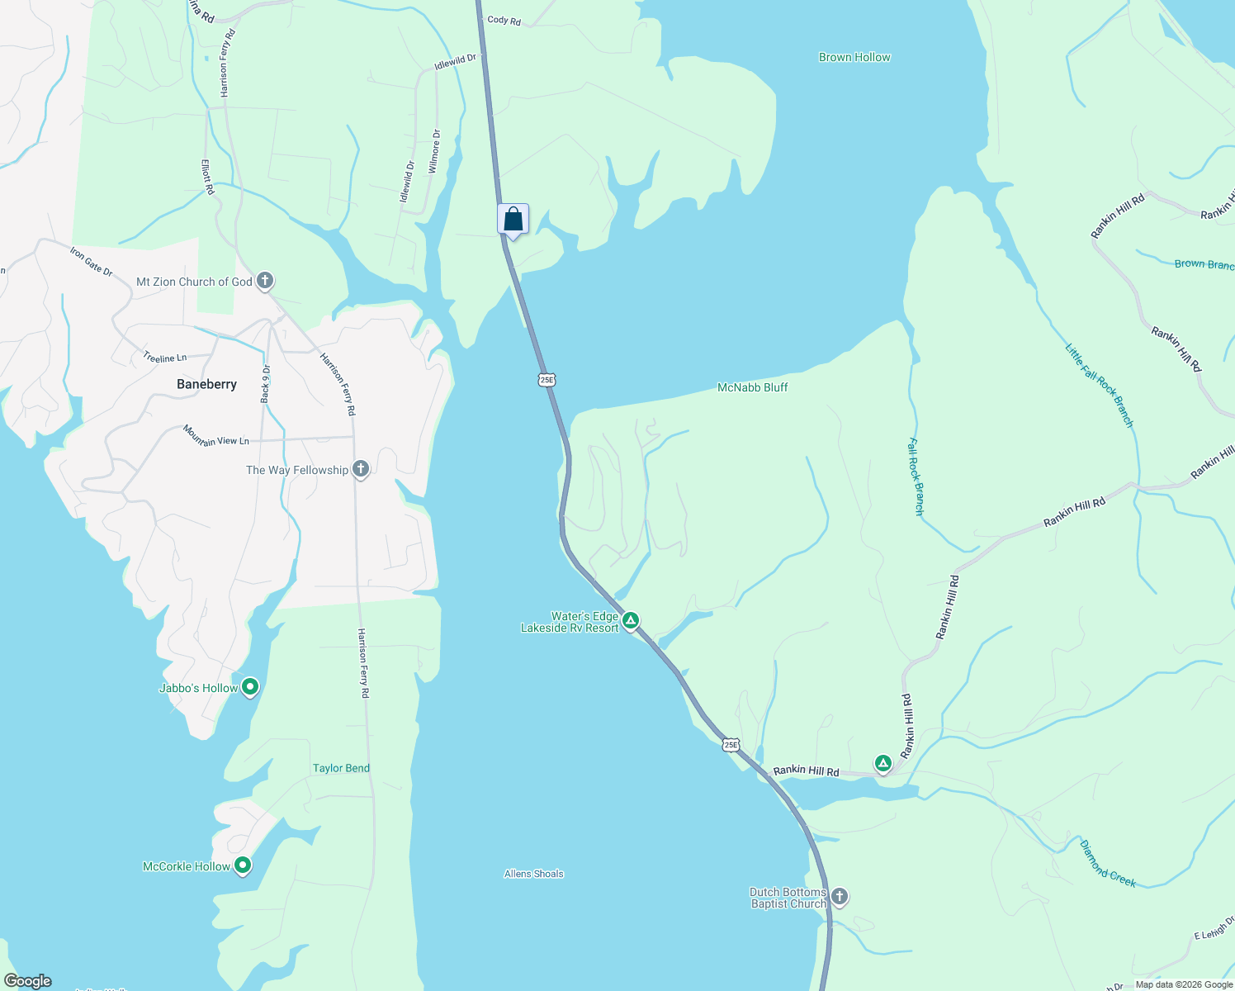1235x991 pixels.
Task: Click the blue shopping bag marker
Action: pos(513,220)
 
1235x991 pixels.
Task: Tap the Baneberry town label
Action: pos(206,384)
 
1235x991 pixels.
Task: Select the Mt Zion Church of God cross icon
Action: pos(265,281)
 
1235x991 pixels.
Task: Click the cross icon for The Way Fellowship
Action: pos(360,469)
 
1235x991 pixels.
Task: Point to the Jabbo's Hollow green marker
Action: pos(250,687)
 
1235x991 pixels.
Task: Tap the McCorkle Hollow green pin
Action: pos(243,865)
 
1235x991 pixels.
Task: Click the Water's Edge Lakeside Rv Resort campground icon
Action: pos(631,620)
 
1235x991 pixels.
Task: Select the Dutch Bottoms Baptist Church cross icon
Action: pos(839,897)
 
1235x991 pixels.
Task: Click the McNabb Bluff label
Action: pos(752,387)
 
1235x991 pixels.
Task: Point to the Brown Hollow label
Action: pos(854,57)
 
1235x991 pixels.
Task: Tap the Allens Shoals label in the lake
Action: pos(534,874)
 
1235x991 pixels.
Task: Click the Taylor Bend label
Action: pos(341,768)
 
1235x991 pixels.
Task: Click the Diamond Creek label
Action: pos(1108,863)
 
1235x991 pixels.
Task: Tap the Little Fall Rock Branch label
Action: pos(1100,386)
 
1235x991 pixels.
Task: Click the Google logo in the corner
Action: pos(28,981)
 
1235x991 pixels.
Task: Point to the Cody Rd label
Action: pos(504,20)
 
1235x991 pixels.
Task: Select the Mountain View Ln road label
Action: pos(215,436)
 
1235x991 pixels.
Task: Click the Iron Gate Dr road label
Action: pos(91,261)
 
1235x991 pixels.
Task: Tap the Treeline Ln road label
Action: pos(164,358)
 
